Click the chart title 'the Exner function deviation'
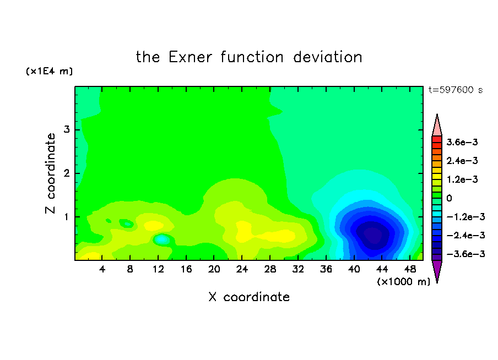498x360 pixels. point(249,57)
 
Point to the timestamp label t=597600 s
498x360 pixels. point(456,90)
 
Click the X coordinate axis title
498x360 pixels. point(249,297)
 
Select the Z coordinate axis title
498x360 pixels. point(50,173)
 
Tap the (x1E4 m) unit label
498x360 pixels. point(49,71)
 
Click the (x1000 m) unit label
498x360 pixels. point(403,282)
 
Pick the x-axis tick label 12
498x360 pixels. point(158,269)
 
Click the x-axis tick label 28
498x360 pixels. point(270,269)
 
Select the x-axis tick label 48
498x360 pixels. point(410,269)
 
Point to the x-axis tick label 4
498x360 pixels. point(102,269)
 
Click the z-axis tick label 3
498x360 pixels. point(66,129)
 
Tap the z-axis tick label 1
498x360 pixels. point(66,217)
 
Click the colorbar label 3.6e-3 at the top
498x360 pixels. point(462,142)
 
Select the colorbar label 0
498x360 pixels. point(449,198)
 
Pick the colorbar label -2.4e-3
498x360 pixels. point(466,235)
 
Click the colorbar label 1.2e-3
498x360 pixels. point(462,179)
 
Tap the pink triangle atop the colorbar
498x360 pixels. point(437,127)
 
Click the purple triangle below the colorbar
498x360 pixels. point(437,270)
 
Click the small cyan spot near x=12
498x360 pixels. point(161,239)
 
